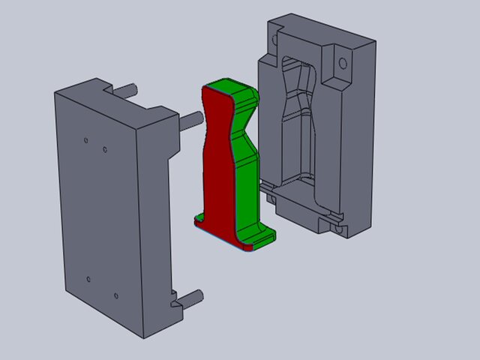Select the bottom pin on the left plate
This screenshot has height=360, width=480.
tap(192, 296)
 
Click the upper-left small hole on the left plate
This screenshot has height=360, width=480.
tap(86, 139)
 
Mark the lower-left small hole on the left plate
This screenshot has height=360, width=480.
tap(88, 279)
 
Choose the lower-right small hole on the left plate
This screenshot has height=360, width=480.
tap(115, 295)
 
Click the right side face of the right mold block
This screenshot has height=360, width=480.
tap(361, 135)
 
